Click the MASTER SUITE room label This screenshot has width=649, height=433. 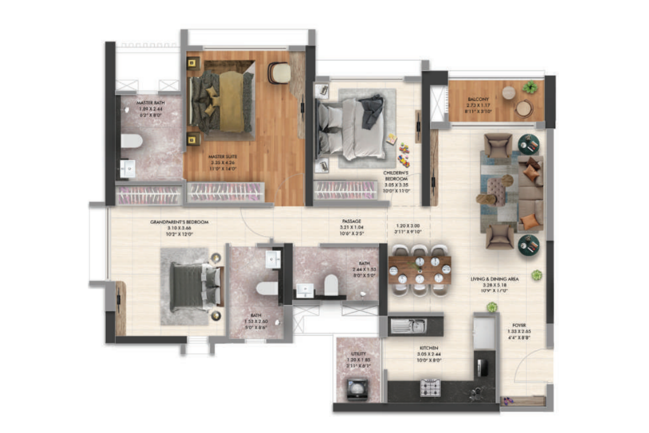pos(223,157)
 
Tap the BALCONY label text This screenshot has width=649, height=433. pos(478,99)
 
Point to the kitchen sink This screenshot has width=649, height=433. pos(408,325)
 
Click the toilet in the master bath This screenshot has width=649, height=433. pos(131,141)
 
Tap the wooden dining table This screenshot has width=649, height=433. pos(419,270)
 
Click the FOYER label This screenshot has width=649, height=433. pos(519,325)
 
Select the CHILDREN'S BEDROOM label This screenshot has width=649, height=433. pos(395,176)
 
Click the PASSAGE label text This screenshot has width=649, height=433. pos(351,221)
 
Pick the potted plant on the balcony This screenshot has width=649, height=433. pos(530,86)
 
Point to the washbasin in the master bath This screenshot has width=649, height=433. pos(128,168)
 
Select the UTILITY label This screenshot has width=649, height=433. pos(358,354)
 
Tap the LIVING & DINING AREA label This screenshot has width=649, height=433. pos(494,279)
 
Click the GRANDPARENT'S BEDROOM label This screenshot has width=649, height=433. pos(179,222)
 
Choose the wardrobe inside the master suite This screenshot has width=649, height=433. pos(226,192)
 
